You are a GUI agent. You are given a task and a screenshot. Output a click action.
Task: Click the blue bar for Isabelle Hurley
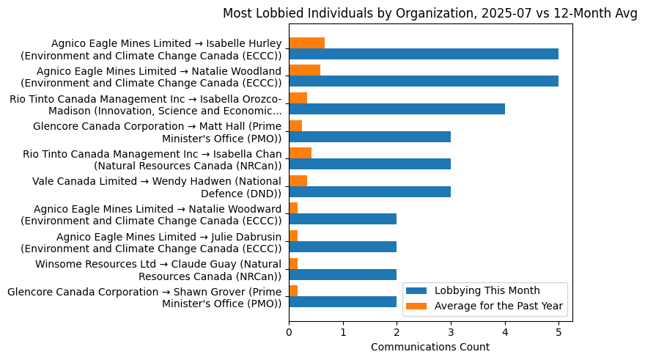[x=424, y=54]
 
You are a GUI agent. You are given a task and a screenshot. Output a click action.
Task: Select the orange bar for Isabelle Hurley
[x=306, y=43]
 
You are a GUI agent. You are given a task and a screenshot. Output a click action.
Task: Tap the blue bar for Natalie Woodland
[x=424, y=81]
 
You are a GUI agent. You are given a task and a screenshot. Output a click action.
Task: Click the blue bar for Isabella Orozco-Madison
[x=397, y=109]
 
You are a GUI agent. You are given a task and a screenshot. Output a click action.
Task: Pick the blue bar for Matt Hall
[x=369, y=136]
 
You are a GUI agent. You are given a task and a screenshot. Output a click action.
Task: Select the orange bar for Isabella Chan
[x=300, y=153]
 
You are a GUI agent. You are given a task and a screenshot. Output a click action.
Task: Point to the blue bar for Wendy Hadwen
[x=369, y=191]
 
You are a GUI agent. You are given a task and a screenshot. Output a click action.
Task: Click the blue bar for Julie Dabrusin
[x=342, y=246]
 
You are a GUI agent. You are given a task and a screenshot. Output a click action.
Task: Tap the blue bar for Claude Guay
[x=342, y=274]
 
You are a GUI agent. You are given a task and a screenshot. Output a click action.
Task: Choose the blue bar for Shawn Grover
[x=342, y=301]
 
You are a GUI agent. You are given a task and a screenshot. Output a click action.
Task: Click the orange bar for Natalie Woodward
[x=293, y=208]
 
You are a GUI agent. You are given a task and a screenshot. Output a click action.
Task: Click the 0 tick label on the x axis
[x=289, y=331]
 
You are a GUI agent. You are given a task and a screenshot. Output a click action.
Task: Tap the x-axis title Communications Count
[x=430, y=347]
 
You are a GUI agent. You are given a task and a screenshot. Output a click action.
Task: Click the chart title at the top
[x=430, y=13]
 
